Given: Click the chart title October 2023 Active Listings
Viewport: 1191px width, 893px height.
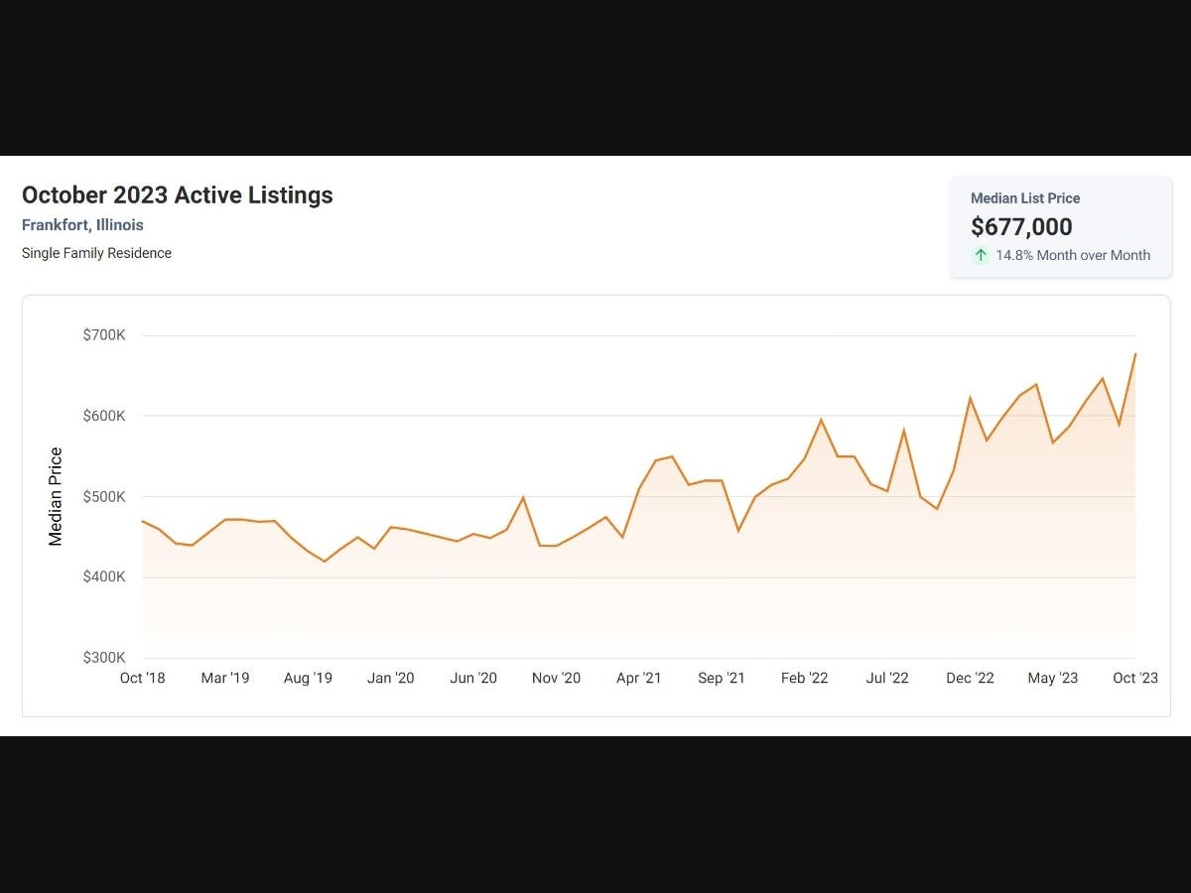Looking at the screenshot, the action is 177,195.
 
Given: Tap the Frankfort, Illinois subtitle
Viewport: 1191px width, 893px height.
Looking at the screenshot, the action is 82,225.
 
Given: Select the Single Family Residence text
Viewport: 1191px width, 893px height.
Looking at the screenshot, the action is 96,253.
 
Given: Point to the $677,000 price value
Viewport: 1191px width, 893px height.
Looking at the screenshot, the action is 1021,226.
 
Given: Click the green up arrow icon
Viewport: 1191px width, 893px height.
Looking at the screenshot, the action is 981,255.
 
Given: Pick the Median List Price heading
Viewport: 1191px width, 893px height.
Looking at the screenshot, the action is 1025,198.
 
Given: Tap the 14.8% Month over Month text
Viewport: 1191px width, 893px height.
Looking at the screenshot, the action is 1073,255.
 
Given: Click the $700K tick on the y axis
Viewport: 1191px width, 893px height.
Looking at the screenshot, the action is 104,335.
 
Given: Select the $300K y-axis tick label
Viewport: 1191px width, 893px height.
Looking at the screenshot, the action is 104,658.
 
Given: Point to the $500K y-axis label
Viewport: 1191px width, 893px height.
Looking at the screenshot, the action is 104,497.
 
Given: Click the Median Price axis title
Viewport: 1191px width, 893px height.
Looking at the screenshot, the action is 56,496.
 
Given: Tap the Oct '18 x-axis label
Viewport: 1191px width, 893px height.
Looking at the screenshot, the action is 142,678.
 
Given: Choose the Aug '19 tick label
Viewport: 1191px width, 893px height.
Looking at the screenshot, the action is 308,678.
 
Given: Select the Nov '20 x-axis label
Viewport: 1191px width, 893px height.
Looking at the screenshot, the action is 556,678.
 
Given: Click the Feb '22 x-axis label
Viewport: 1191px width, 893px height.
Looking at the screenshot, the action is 804,678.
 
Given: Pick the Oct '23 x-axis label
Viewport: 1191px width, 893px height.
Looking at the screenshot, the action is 1135,678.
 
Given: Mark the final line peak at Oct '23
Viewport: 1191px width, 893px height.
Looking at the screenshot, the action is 1135,353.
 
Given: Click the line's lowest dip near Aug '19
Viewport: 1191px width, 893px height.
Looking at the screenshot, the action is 325,562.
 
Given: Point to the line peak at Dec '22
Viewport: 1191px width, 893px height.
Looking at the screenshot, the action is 970,398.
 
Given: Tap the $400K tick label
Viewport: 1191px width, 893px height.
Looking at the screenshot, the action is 104,576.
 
